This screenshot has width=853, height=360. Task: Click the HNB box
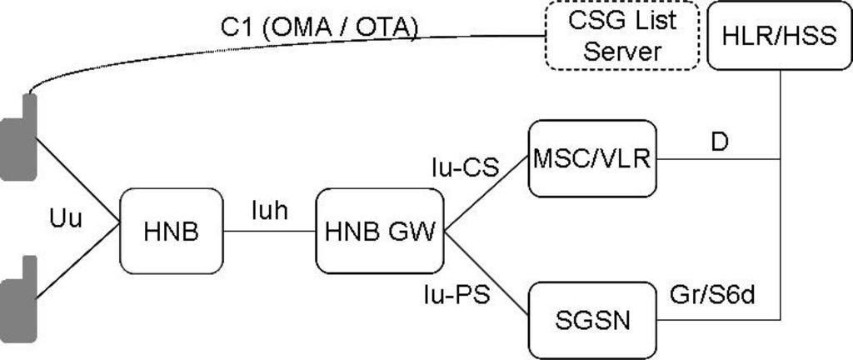(172, 232)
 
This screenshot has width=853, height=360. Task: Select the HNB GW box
(379, 232)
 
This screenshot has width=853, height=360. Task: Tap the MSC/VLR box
(592, 158)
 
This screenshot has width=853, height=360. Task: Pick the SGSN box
(592, 319)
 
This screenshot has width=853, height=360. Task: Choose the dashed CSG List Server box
(621, 36)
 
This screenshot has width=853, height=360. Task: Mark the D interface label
(719, 142)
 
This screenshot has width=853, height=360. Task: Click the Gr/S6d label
(712, 295)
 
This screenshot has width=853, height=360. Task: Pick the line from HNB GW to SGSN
(486, 274)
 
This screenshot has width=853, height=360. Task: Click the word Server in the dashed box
(621, 52)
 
